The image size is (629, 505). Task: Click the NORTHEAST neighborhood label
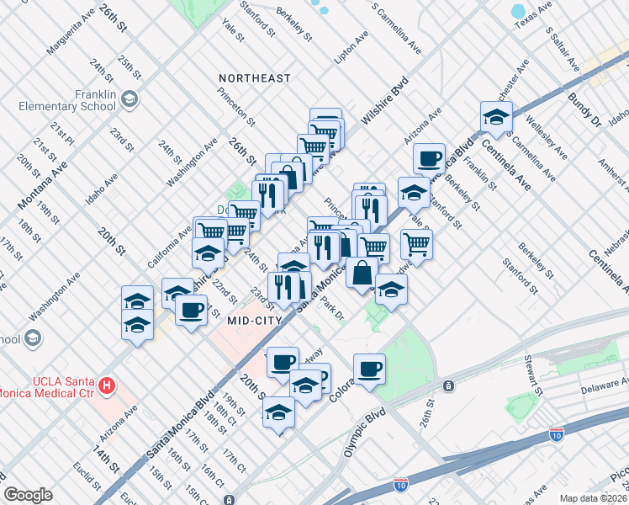[254, 78]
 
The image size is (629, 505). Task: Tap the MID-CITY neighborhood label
[256, 320]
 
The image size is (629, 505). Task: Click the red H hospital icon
[106, 386]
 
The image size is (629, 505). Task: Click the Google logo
[28, 495]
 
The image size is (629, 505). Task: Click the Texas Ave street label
[533, 13]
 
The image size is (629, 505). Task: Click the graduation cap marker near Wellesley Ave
[496, 117]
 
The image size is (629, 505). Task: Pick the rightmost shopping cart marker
[416, 244]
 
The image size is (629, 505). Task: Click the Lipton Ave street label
[351, 49]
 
